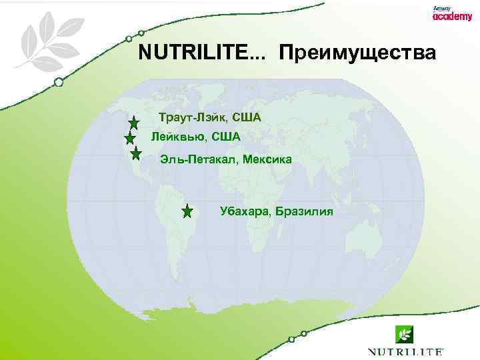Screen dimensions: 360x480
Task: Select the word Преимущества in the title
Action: click(358, 53)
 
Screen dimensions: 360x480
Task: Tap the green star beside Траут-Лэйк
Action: click(134, 123)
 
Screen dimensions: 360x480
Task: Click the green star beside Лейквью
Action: click(131, 138)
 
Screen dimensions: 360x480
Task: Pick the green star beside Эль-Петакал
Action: click(136, 154)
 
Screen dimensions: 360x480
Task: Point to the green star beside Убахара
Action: click(187, 212)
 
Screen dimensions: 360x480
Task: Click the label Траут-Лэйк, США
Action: click(210, 118)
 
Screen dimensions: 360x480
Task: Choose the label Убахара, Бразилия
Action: click(276, 212)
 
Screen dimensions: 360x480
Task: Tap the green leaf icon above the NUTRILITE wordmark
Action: click(403, 333)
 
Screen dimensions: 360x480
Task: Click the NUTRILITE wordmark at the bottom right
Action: click(405, 351)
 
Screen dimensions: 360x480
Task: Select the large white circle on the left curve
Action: click(59, 82)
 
